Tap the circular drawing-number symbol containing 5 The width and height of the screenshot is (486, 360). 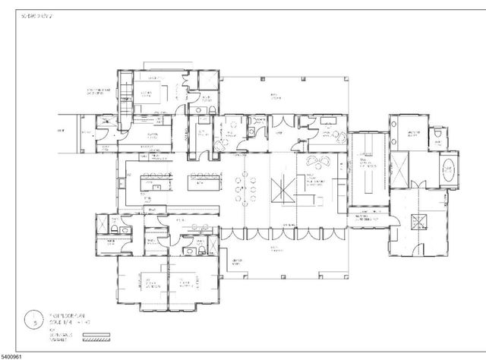(33, 319)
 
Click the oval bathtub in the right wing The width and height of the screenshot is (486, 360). (449, 170)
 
